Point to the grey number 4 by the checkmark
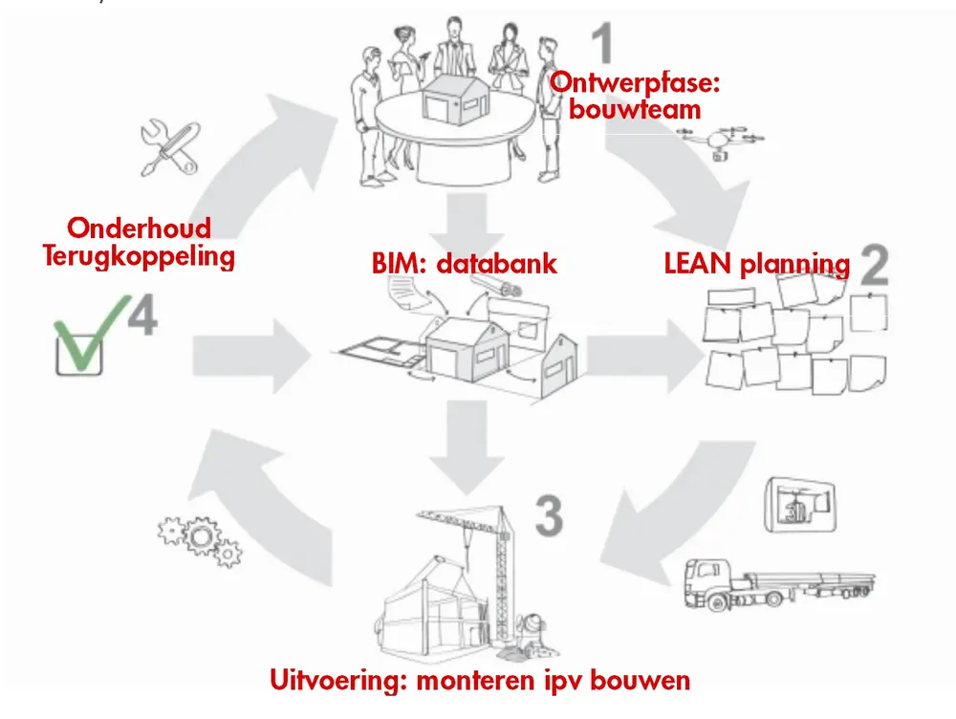tap(141, 319)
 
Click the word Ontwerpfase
tap(635, 83)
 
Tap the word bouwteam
tap(635, 109)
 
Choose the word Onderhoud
tap(139, 229)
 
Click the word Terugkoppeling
tap(139, 257)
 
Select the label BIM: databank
tap(465, 263)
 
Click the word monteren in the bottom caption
tap(525, 681)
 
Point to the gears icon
tap(199, 541)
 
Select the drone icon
tap(716, 141)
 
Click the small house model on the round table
tap(452, 97)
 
